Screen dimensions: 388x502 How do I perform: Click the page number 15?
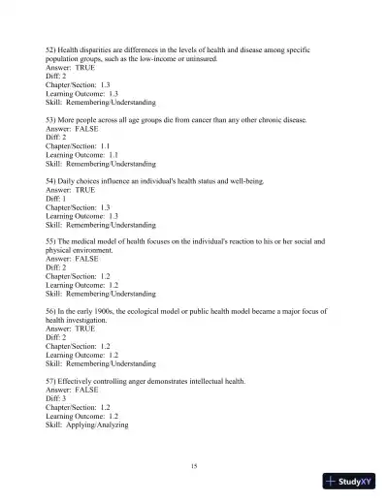[194, 467]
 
